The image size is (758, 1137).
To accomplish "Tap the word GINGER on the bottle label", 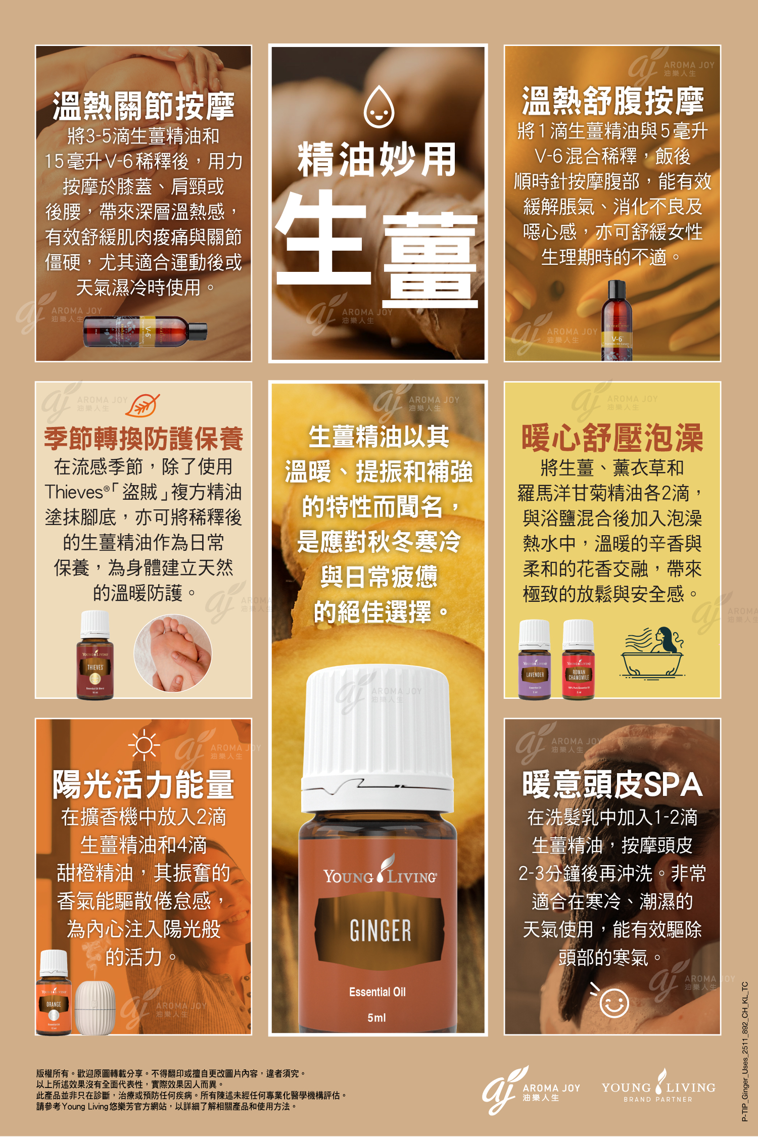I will coord(380,930).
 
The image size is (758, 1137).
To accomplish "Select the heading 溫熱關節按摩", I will coord(144,106).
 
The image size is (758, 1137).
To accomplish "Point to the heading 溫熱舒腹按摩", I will coord(612,101).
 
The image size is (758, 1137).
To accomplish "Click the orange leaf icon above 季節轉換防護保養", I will coord(143,405).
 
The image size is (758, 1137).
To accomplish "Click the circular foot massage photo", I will coord(173,653).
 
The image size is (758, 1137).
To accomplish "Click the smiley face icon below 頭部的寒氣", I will coord(613,1003).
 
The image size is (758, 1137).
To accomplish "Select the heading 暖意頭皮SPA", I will coord(612,785).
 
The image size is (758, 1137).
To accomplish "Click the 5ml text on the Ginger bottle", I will coord(376,1018).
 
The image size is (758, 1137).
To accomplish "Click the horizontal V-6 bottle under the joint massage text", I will coord(145,332).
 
